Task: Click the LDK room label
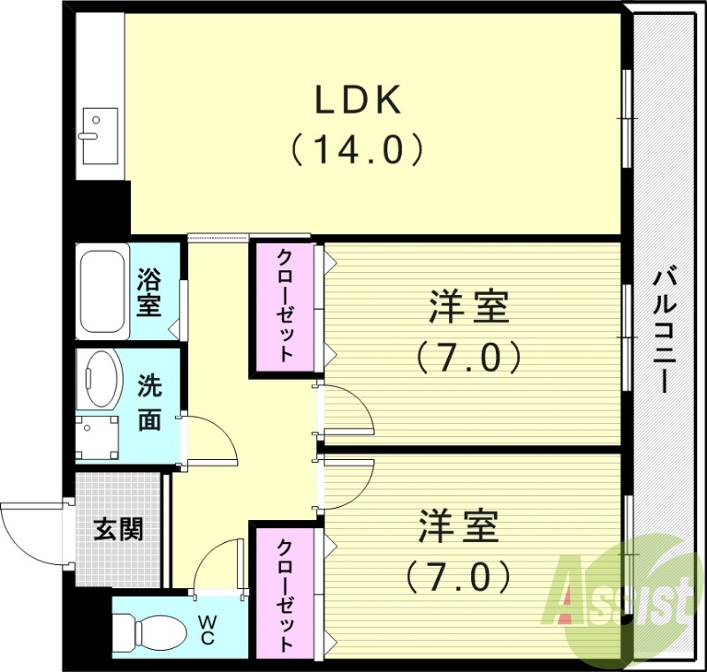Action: (x=359, y=101)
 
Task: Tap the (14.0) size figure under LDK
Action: (x=358, y=149)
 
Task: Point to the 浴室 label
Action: (x=148, y=294)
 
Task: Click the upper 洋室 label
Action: (x=468, y=309)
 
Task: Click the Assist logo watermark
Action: (x=622, y=601)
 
